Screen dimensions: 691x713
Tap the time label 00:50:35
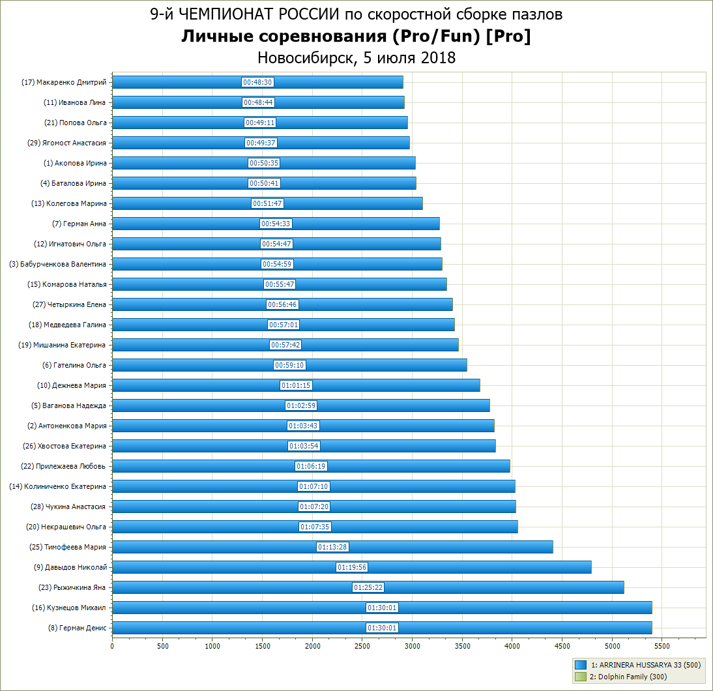coord(264,163)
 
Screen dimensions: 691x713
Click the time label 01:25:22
coord(368,587)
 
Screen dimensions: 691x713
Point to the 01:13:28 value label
coord(332,547)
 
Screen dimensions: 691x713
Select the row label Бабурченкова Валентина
coord(57,264)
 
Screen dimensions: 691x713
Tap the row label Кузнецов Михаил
coord(68,608)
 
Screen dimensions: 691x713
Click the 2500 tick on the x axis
coord(362,646)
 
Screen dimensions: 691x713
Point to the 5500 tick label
coord(662,646)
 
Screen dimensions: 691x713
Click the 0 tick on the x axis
coord(112,646)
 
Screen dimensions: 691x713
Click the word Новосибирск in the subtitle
coord(304,57)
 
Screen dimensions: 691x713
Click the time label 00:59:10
coord(289,365)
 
